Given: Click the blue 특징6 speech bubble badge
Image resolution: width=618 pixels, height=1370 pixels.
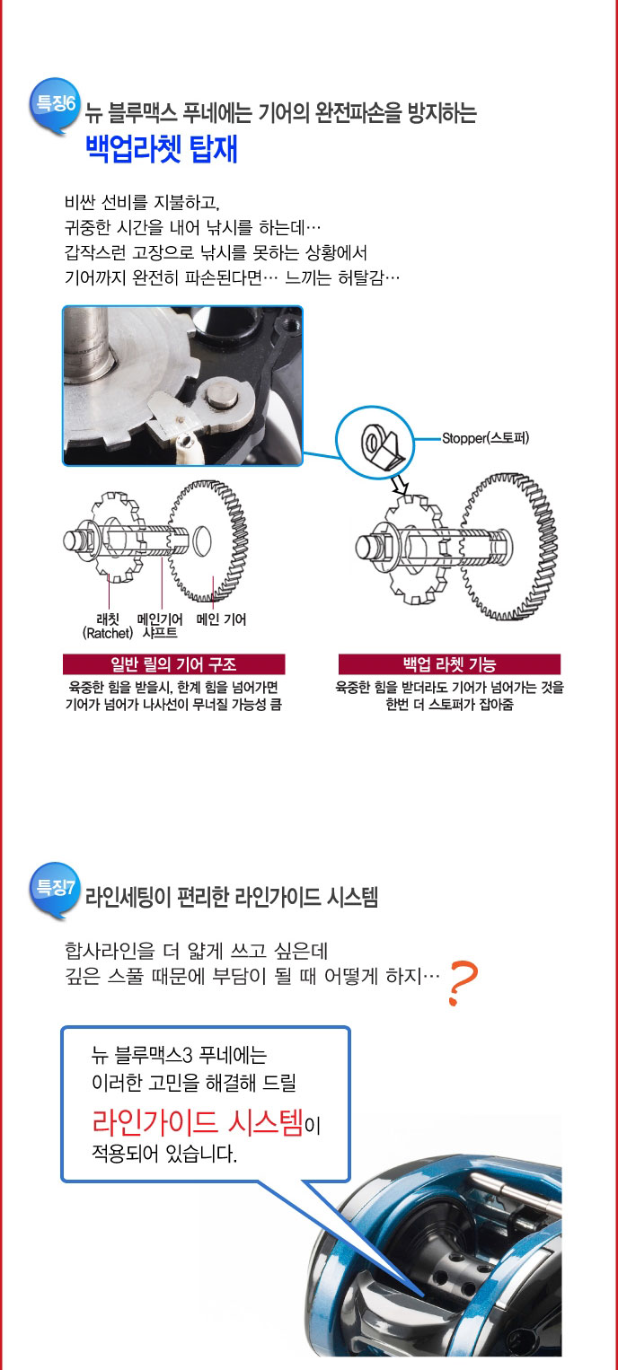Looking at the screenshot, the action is point(55,105).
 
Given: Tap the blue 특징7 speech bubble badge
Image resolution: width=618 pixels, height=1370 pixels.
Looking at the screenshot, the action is point(55,890).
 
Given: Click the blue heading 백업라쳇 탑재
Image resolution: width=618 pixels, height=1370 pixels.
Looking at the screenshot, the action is point(162,149).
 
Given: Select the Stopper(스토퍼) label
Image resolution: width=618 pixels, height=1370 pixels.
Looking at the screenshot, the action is point(485,438).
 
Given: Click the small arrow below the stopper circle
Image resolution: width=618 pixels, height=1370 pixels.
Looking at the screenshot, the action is point(400,486).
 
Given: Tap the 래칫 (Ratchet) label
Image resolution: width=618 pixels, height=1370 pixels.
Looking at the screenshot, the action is point(108,627).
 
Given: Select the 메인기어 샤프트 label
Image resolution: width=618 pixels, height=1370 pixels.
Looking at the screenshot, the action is point(160,627).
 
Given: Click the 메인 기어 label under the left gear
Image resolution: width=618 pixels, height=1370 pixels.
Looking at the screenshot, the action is point(221,619).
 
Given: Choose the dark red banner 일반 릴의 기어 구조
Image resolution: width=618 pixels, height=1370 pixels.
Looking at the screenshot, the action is point(173,664).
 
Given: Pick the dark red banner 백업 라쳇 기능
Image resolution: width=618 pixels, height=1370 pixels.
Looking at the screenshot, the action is point(450,664).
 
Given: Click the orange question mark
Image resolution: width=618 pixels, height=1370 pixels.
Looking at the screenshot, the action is point(463,983).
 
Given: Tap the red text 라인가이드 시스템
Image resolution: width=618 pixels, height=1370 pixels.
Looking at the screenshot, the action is point(198,1121).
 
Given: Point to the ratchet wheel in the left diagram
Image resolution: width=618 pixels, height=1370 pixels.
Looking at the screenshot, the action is point(116,537).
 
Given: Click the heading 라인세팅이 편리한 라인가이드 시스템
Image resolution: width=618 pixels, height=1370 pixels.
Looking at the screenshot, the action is point(231,897).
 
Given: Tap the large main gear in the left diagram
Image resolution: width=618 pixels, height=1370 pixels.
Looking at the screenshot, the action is point(208,541).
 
